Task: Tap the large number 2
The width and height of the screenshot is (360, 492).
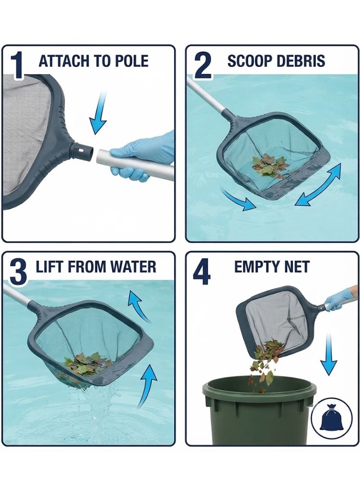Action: pyautogui.click(x=203, y=65)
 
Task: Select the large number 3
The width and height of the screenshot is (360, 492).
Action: pyautogui.click(x=18, y=271)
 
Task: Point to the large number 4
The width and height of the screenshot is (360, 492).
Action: pyautogui.click(x=201, y=271)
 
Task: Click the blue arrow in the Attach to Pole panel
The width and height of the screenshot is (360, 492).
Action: pyautogui.click(x=99, y=113)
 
